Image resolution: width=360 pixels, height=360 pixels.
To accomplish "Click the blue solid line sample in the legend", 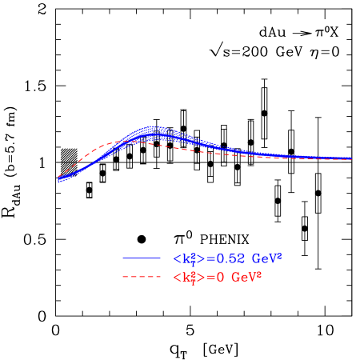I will click(142, 258).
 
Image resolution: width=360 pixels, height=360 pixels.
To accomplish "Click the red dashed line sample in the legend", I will click(142, 278).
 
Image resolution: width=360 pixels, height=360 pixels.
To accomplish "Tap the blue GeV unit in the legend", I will click(263, 259).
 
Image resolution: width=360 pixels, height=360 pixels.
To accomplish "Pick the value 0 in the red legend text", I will click(219, 278).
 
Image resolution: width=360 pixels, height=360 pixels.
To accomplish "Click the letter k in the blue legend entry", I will click(186, 258).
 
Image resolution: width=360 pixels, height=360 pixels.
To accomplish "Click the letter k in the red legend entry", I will click(186, 278).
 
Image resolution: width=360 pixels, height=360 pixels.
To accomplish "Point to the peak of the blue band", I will click(152, 132).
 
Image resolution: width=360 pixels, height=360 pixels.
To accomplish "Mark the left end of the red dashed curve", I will click(58, 176).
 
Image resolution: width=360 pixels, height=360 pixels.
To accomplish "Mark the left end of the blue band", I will click(58, 181).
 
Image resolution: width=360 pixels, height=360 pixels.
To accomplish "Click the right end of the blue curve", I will click(351, 158).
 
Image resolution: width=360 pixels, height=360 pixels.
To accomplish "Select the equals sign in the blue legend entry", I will click(210, 258).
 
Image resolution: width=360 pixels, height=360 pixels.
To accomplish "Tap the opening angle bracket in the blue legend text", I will click(177, 258).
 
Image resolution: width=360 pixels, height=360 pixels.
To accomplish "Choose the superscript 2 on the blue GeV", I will click(279, 255).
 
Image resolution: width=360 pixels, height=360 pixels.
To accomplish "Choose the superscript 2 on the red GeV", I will click(260, 274).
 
